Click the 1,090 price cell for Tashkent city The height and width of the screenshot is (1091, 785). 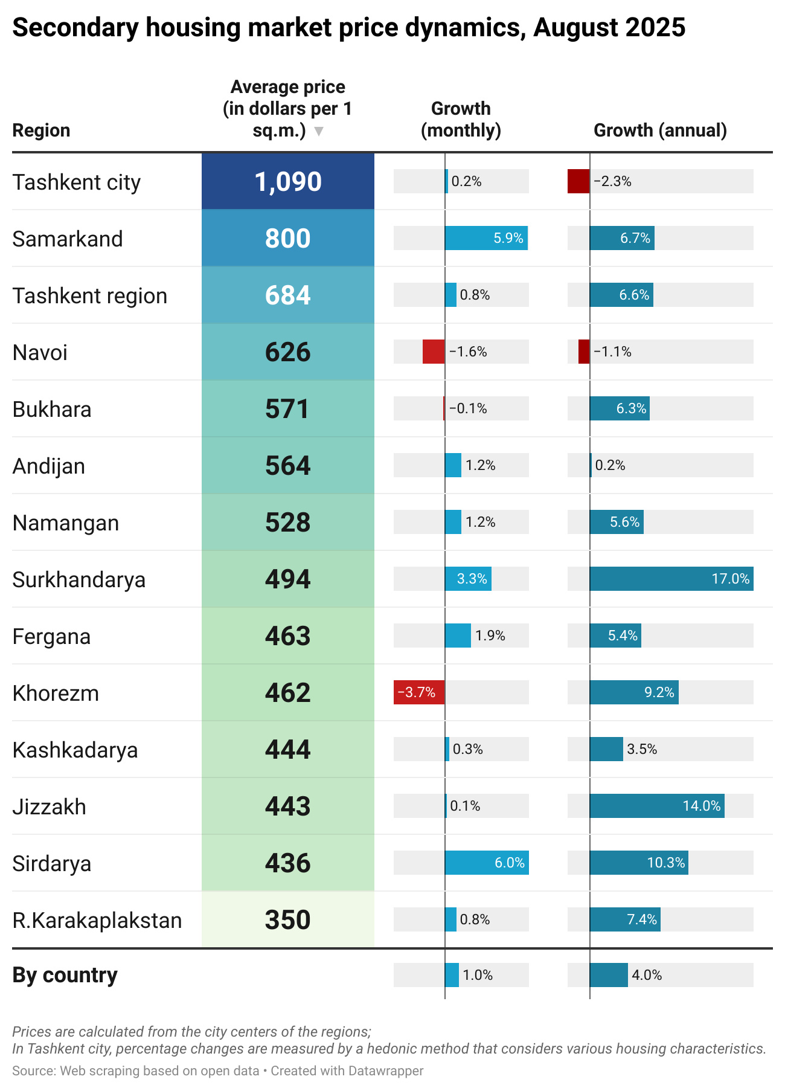click(288, 181)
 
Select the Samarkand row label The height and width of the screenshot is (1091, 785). click(68, 239)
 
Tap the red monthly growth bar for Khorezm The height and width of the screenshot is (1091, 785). click(419, 692)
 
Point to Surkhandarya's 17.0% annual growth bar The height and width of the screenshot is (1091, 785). click(671, 579)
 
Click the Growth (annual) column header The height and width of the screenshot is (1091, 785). click(660, 130)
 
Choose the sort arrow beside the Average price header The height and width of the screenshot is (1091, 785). click(319, 131)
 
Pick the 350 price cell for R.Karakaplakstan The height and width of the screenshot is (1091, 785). click(288, 919)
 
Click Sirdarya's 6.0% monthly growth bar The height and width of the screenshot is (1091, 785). click(486, 863)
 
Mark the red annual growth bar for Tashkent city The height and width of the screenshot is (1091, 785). click(578, 181)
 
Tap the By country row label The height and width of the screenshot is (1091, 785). click(65, 975)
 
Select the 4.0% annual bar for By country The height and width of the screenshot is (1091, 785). click(609, 975)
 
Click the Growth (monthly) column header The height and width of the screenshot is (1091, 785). click(461, 119)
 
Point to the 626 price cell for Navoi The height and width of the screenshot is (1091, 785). click(288, 352)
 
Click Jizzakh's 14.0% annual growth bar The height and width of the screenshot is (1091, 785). click(656, 806)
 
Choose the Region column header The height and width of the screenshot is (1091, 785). click(41, 130)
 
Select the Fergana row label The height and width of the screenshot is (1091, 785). click(51, 636)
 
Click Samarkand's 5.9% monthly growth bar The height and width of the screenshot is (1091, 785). click(485, 238)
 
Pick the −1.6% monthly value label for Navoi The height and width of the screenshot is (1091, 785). click(468, 352)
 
